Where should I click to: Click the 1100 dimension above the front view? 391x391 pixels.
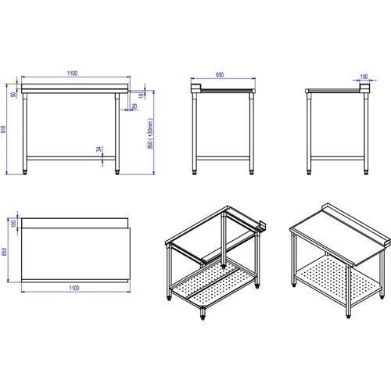point(72,73)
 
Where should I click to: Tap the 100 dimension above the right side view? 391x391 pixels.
point(364,77)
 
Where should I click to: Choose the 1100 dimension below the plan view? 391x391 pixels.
point(74,289)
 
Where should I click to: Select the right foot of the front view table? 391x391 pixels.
point(118,170)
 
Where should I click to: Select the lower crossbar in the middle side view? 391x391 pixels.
point(224,158)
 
